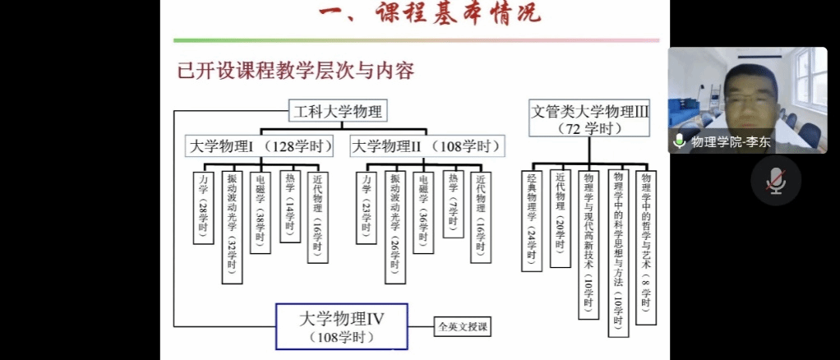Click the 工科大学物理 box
(x=336, y=112)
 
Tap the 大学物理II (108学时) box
(x=427, y=147)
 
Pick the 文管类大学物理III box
(x=589, y=118)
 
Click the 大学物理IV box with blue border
(x=341, y=326)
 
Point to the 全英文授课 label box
(x=463, y=327)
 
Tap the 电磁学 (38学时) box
(x=260, y=212)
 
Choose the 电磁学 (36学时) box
(x=422, y=212)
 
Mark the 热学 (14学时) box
(x=289, y=206)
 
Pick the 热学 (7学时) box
(x=453, y=204)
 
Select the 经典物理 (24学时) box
(x=532, y=220)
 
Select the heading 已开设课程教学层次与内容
(x=295, y=70)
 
